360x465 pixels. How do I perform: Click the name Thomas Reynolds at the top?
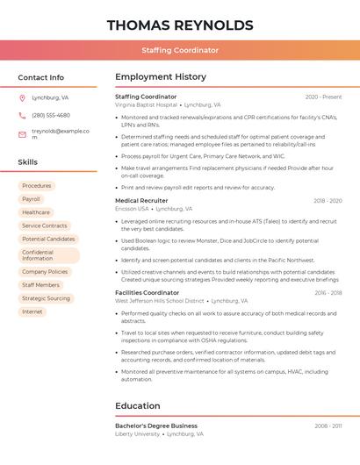tap(180, 25)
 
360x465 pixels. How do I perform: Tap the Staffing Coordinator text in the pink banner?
tap(180, 50)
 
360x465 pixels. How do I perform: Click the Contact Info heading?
tap(41, 77)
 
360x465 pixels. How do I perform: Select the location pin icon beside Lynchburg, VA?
tap(22, 98)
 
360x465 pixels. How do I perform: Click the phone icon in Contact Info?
tap(22, 115)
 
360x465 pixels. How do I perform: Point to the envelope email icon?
tap(22, 134)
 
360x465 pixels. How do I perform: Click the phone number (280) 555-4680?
tap(51, 115)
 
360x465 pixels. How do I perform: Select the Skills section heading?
tap(28, 162)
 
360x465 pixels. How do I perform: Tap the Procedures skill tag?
tap(37, 186)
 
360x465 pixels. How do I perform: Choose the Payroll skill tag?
tap(32, 199)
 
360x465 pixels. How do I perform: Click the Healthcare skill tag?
tap(36, 212)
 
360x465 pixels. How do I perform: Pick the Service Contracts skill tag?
tap(44, 225)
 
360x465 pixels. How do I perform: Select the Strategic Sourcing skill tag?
tap(46, 298)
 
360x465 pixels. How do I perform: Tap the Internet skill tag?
tap(32, 311)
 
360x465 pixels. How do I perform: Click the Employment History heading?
tap(161, 77)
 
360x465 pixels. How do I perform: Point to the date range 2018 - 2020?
tap(328, 201)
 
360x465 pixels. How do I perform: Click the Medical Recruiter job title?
tap(141, 201)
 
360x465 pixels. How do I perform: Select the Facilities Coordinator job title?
tap(147, 293)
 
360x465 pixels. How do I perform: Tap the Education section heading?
tap(138, 406)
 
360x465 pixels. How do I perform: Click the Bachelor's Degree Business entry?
tap(156, 426)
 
